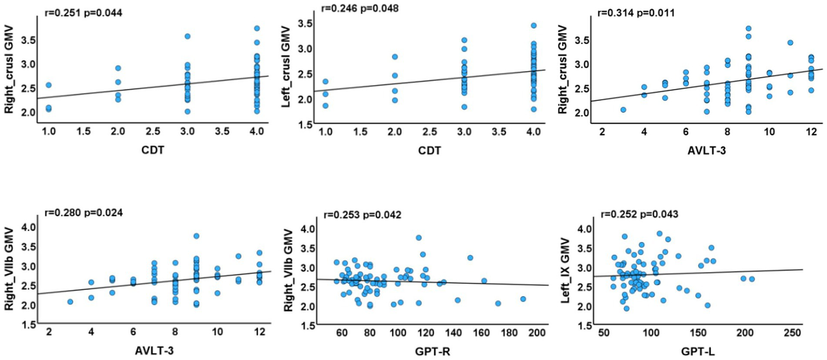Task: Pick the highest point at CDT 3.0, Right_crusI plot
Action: click(188, 37)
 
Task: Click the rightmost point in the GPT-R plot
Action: click(523, 299)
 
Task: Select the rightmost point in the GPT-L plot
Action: click(752, 279)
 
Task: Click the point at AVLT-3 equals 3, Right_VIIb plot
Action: click(70, 302)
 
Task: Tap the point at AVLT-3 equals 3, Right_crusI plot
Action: click(623, 110)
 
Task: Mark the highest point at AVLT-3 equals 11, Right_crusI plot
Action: click(775, 43)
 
